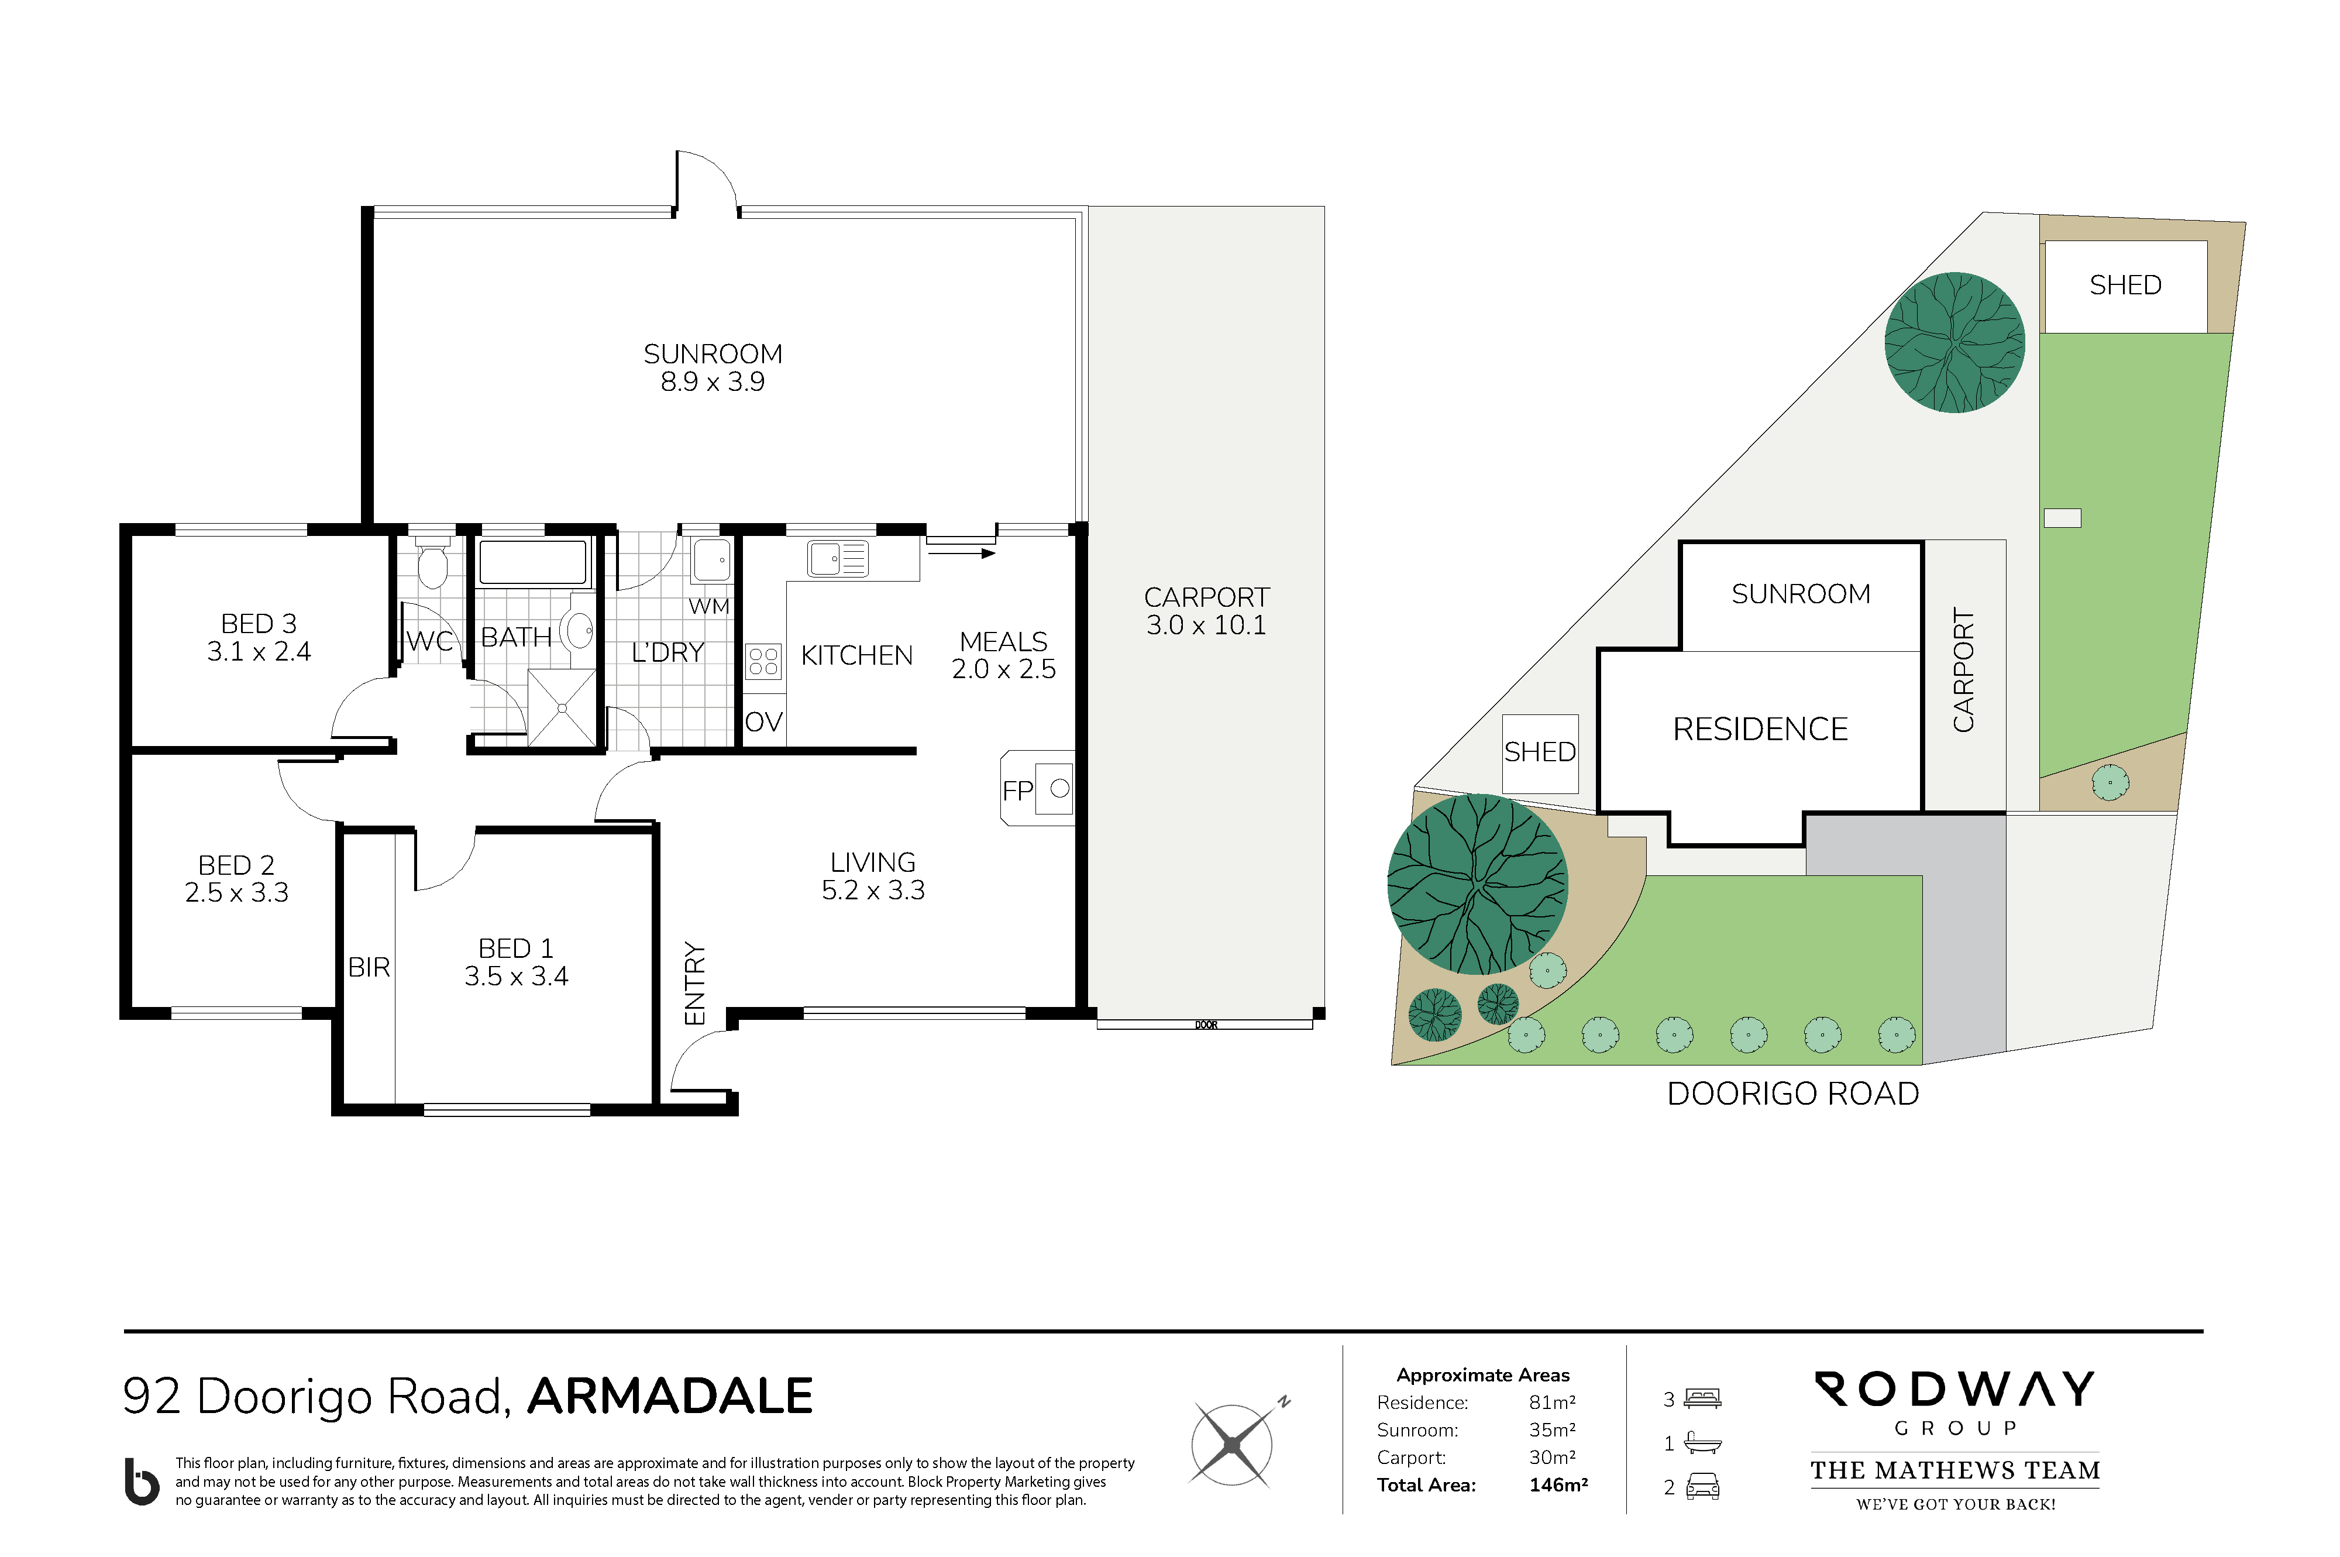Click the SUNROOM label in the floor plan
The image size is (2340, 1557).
click(713, 355)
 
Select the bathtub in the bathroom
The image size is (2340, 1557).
click(533, 563)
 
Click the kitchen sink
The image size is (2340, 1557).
click(837, 558)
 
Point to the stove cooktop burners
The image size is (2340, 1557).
click(763, 661)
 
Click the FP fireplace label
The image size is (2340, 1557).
click(1017, 790)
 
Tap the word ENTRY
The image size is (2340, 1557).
click(695, 983)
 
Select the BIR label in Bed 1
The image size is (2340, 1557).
click(369, 967)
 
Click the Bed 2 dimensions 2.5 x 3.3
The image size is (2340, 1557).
click(236, 893)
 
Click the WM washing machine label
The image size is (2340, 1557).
click(709, 606)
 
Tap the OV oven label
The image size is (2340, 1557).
click(763, 722)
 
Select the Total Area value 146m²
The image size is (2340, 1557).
click(1558, 1484)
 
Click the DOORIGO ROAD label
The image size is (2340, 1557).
click(1793, 1093)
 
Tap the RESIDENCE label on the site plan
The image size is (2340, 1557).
click(1760, 729)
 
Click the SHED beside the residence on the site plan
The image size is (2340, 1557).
click(1540, 752)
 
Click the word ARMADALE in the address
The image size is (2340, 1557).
click(670, 1396)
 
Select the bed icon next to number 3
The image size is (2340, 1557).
click(1702, 1399)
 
